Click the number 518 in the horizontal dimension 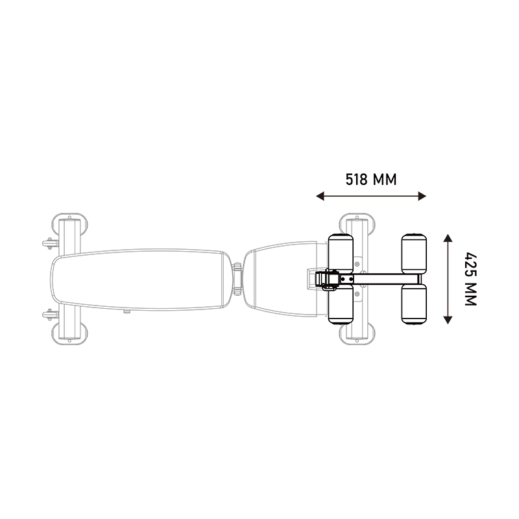coord(356,180)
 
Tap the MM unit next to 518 coord(385,180)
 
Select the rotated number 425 coord(470,264)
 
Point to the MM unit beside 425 coord(470,294)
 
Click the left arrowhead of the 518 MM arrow coord(320,196)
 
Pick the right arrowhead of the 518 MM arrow coord(422,196)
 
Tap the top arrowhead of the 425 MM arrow coord(448,238)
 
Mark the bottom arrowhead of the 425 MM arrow coord(448,320)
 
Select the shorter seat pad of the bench coord(282,279)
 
